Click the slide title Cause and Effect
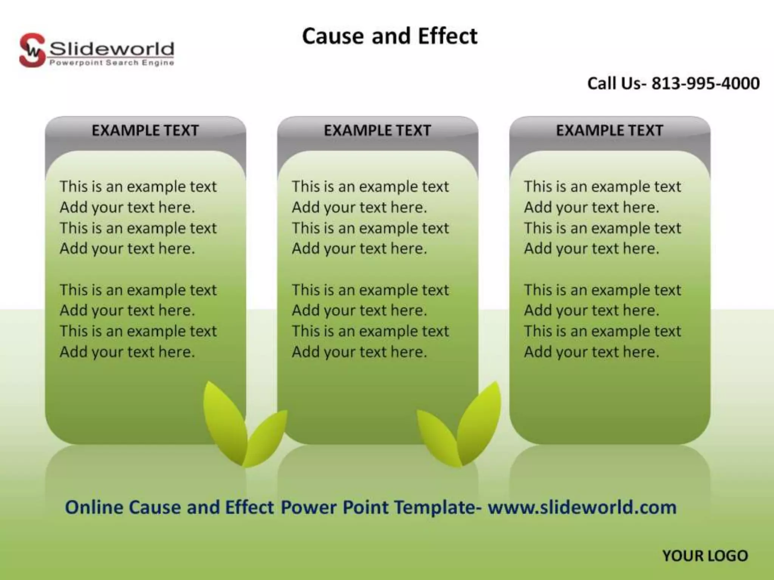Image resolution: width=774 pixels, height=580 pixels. [390, 36]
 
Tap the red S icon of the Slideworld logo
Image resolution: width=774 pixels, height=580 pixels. [32, 51]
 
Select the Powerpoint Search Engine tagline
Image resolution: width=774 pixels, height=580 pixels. [112, 63]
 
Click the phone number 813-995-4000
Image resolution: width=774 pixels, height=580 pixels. [705, 83]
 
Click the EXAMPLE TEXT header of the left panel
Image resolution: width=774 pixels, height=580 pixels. [145, 131]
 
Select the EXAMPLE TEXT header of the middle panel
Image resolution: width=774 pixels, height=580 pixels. [377, 131]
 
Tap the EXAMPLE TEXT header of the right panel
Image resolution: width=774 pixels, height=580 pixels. [609, 131]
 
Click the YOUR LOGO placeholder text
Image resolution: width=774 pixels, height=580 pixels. [705, 556]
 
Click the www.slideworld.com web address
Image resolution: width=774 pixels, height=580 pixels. [582, 507]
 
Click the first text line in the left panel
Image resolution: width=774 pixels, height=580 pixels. [138, 187]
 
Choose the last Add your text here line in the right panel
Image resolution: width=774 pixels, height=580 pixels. [591, 352]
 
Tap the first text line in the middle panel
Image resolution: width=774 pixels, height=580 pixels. [370, 187]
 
